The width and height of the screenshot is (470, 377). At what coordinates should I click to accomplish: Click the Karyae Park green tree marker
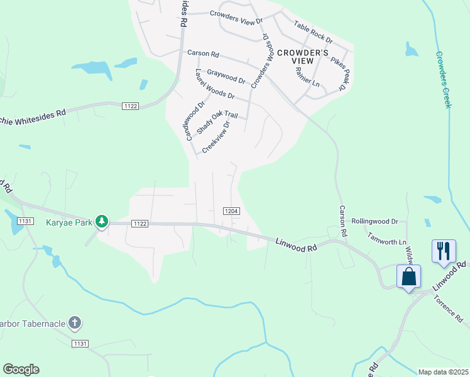click(102, 221)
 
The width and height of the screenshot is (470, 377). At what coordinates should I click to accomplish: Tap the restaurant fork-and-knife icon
click(444, 251)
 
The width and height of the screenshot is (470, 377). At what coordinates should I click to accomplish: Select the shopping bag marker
click(408, 276)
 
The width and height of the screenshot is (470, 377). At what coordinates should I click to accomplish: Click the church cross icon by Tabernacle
click(74, 324)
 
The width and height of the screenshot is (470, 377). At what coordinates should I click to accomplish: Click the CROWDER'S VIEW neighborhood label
click(303, 58)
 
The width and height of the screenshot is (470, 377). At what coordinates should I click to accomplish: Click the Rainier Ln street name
click(308, 75)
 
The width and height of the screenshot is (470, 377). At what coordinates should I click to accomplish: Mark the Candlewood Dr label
click(195, 119)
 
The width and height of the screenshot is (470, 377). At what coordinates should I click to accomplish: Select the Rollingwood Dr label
click(375, 221)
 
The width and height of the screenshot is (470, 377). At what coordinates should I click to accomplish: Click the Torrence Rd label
click(449, 306)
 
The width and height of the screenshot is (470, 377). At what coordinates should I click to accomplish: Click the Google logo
click(21, 369)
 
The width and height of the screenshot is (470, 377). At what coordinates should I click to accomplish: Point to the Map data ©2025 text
click(443, 372)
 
